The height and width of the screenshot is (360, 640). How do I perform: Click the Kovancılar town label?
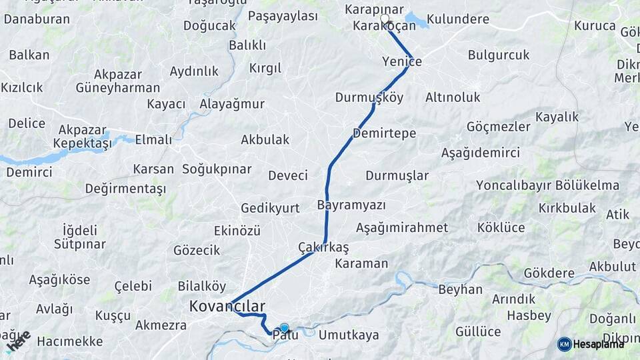point(227,307)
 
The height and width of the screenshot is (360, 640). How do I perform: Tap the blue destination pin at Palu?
point(285,328)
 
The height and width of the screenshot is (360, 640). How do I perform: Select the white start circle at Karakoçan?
point(385,19)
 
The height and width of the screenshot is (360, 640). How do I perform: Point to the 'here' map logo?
point(18,340)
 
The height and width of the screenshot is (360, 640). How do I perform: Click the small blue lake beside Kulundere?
point(417,20)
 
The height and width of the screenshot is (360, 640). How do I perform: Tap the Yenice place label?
point(402,61)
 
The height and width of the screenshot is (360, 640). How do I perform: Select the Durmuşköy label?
point(369,97)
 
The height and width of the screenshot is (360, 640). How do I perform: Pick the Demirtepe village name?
point(384,133)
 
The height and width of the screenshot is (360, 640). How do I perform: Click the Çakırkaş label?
point(323,247)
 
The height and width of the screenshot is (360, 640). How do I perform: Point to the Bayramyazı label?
point(351,204)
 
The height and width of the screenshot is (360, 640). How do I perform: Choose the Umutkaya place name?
point(349,335)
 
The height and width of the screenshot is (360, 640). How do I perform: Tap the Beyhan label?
point(460,289)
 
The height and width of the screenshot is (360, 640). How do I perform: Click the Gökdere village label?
point(549,273)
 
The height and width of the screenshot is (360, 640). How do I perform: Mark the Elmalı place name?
point(153,140)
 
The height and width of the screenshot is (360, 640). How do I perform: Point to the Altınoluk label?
point(453,97)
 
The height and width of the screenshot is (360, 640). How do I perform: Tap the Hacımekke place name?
point(70,341)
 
